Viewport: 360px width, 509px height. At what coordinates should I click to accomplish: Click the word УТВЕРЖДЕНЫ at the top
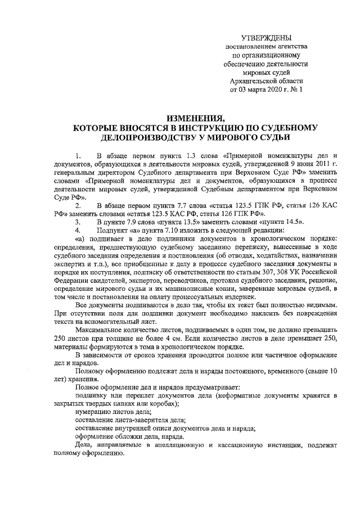coord(266,37)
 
